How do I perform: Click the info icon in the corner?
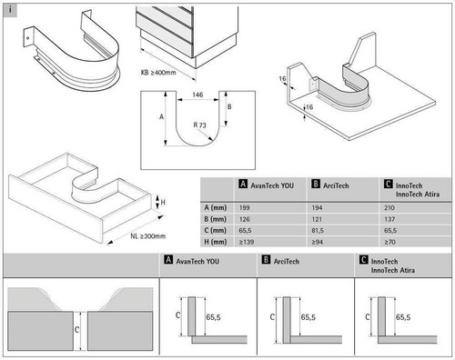pos(10,10)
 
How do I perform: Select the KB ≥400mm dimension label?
pos(158,73)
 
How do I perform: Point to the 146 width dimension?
pos(197,95)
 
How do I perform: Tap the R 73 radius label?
pos(199,125)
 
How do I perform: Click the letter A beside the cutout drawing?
pos(161,116)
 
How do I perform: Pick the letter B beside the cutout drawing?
pos(229,106)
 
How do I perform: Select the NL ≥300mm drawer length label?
pos(148,236)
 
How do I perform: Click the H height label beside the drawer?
pos(163,202)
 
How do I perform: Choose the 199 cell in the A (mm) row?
pos(244,208)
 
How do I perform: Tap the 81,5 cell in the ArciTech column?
pos(318,231)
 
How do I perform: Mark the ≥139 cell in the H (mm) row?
pos(247,242)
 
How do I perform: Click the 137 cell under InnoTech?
pos(389,219)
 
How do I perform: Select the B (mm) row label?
pos(215,219)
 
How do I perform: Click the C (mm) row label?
pos(215,231)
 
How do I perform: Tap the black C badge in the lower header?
pos(363,260)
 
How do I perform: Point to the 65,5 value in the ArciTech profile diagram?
pos(308,317)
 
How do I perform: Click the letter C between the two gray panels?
pos(76,329)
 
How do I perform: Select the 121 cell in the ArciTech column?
pos(317,219)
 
